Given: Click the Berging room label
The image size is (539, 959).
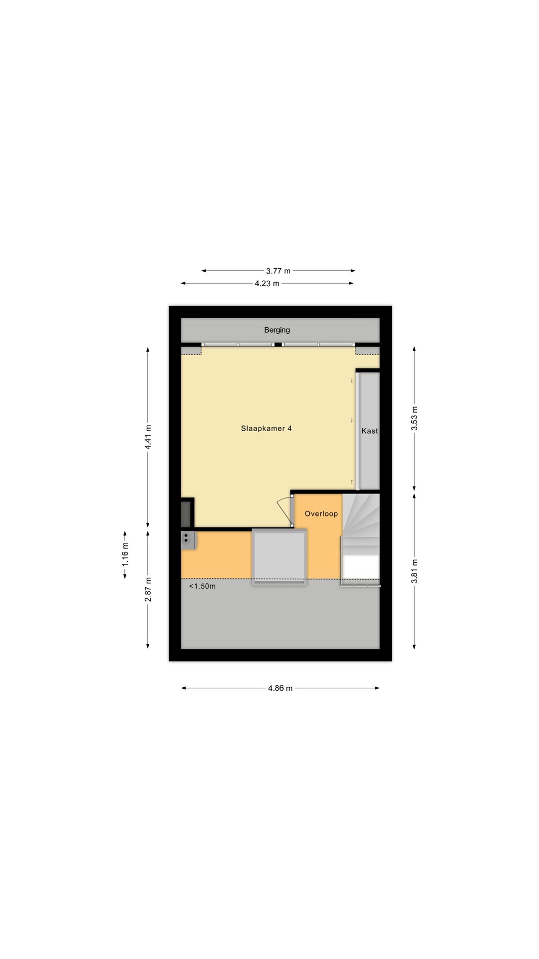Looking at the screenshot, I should coord(277,330).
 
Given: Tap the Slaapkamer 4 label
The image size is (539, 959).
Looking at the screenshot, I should coord(266,429).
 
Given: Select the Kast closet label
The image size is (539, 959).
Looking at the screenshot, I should coord(369,431).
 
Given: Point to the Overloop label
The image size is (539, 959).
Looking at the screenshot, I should coord(321,513).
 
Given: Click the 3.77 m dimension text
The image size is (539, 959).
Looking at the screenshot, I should coord(278,271).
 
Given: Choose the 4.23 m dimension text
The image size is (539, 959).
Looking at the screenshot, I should coord(267,283).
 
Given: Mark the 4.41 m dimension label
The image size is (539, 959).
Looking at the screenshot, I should coord(148,437).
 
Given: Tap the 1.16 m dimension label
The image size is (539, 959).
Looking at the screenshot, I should coord(125,554).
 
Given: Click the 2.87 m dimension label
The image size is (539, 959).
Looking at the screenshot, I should coord(148,589).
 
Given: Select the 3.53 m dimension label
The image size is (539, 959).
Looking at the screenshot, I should coord(414,419).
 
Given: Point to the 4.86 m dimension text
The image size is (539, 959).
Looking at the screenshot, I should coord(280,688).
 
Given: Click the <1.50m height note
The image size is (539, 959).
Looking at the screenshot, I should coord(202,586).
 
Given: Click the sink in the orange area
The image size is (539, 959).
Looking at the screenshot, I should coord(188,539).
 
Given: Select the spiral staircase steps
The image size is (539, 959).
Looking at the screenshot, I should coord(361,519).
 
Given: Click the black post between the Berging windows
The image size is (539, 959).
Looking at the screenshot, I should coord(278,344).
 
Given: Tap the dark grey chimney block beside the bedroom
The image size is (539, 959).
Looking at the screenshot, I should coord(187,512).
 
